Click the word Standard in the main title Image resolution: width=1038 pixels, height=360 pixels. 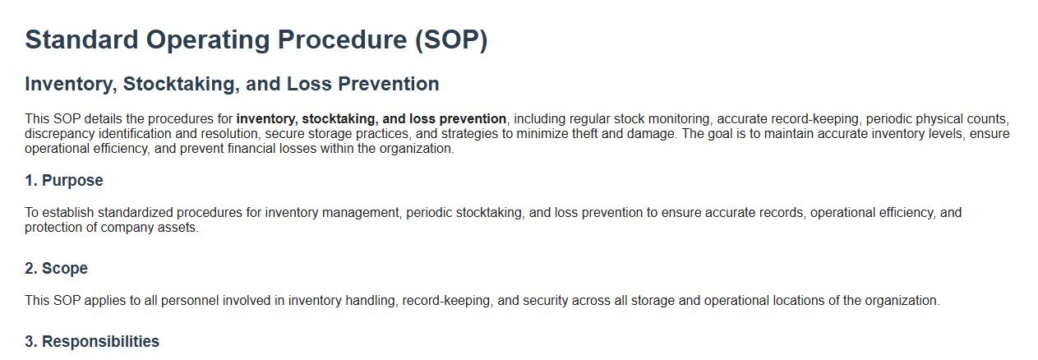click(x=81, y=39)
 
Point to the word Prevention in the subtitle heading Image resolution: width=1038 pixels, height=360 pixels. click(x=388, y=84)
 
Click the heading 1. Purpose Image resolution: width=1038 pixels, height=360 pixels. click(x=64, y=180)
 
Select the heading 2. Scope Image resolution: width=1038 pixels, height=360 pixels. click(x=56, y=268)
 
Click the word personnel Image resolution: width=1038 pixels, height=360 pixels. click(x=190, y=300)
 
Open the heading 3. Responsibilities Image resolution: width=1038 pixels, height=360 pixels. click(x=92, y=341)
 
